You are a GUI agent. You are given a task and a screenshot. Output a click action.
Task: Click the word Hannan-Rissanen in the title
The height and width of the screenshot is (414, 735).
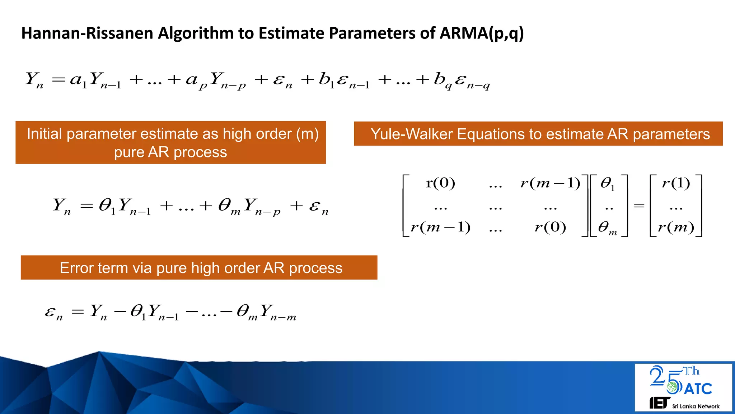(x=88, y=33)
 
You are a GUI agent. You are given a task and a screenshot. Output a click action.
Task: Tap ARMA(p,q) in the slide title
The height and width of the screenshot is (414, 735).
(x=481, y=33)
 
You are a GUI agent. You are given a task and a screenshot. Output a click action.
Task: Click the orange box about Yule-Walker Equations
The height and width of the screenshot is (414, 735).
(x=538, y=134)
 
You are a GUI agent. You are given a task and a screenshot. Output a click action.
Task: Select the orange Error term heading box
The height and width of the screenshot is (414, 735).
(x=199, y=268)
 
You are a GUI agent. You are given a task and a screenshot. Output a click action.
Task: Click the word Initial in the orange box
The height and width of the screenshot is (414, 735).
(x=45, y=134)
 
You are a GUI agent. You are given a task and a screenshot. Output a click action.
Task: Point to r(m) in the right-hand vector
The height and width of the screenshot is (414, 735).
(x=676, y=227)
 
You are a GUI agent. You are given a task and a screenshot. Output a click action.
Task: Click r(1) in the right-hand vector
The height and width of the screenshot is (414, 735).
(x=676, y=183)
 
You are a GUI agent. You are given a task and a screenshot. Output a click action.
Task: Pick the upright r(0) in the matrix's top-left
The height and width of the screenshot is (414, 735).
(x=440, y=183)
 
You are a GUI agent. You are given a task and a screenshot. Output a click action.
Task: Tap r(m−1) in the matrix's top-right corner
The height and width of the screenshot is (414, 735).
(x=550, y=183)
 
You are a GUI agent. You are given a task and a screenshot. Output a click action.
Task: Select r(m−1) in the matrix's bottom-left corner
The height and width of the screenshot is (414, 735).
(x=440, y=227)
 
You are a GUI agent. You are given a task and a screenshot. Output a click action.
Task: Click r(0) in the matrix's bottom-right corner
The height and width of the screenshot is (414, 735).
(x=550, y=227)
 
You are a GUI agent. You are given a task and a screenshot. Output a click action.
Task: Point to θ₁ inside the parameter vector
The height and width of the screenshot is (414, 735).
(x=607, y=184)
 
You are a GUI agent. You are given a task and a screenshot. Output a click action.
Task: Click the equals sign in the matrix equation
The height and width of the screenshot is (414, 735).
(x=639, y=206)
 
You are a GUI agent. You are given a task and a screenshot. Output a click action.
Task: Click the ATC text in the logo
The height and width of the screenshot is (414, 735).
(x=698, y=389)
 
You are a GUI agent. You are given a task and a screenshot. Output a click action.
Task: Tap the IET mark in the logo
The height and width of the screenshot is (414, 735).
(x=659, y=403)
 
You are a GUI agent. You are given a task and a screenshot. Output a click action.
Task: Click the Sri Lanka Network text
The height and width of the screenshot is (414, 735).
(x=696, y=406)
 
